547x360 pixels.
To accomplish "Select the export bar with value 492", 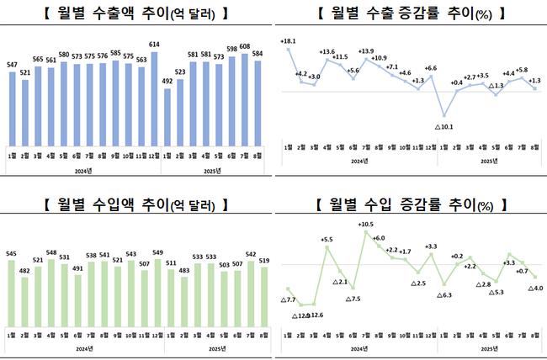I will [167, 117].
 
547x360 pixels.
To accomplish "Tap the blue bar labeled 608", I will [244, 98].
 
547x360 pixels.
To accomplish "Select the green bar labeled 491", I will [77, 299].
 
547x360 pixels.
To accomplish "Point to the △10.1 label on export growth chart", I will [443, 127].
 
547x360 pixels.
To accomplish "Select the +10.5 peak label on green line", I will [364, 225].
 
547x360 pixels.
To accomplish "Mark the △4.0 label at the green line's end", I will [535, 289].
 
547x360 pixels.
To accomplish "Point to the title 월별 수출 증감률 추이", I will [409, 13].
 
